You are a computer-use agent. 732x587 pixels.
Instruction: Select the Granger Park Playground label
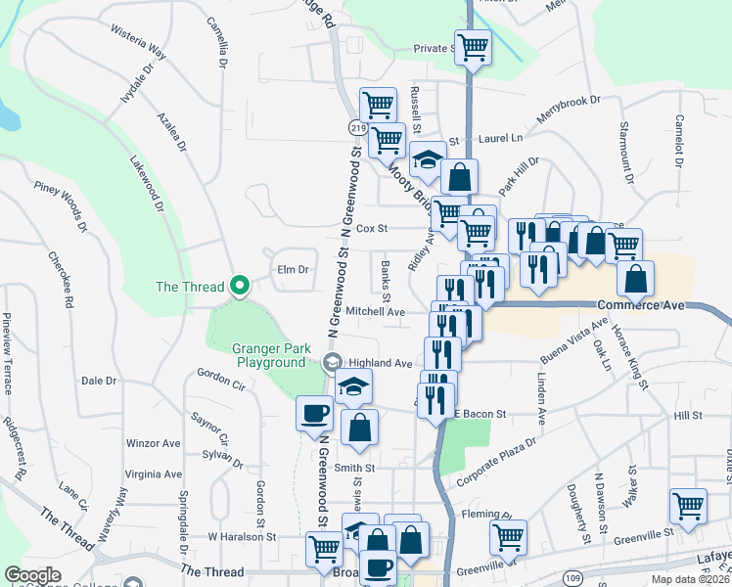[x=269, y=355]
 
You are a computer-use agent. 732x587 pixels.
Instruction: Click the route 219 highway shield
[x=356, y=128]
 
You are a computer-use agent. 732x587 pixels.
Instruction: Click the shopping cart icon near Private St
[x=473, y=46]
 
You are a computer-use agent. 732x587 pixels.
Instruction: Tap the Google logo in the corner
[x=32, y=575]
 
